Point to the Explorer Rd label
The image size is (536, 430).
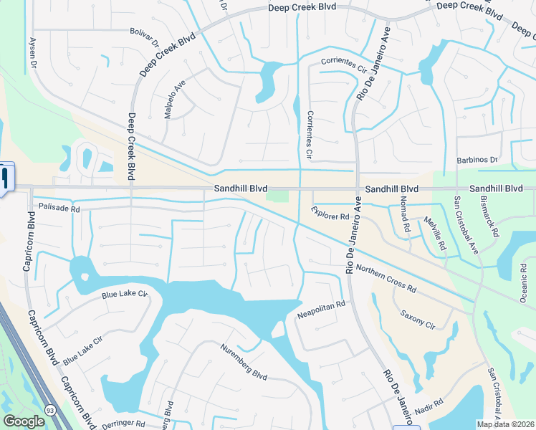[x=330, y=213]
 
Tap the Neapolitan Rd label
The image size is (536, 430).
[x=321, y=310]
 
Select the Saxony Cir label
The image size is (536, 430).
[x=418, y=320]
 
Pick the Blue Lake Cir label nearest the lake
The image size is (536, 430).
[x=124, y=295]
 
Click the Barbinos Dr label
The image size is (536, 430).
[x=477, y=160]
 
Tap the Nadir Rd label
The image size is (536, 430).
[x=428, y=407]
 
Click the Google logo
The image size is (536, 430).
[x=24, y=421]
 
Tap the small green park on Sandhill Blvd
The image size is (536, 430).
[x=277, y=196]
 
